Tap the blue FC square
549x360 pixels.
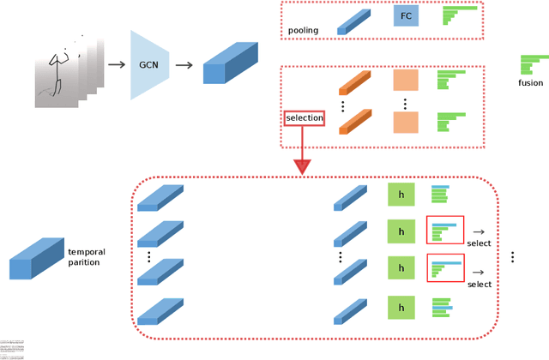click(x=405, y=17)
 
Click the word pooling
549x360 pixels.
click(x=304, y=30)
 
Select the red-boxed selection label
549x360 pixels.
click(x=305, y=117)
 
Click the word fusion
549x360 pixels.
click(x=531, y=83)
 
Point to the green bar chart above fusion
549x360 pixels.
click(x=533, y=65)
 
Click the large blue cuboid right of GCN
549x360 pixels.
click(x=227, y=65)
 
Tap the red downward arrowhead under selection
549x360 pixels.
click(x=303, y=163)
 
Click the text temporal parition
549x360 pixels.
click(x=87, y=257)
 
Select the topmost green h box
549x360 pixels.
click(x=401, y=195)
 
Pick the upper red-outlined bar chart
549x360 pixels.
click(x=444, y=231)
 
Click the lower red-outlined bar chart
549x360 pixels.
click(x=444, y=267)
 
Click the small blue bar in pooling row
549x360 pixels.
click(x=353, y=22)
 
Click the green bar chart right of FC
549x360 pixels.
click(x=459, y=17)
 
